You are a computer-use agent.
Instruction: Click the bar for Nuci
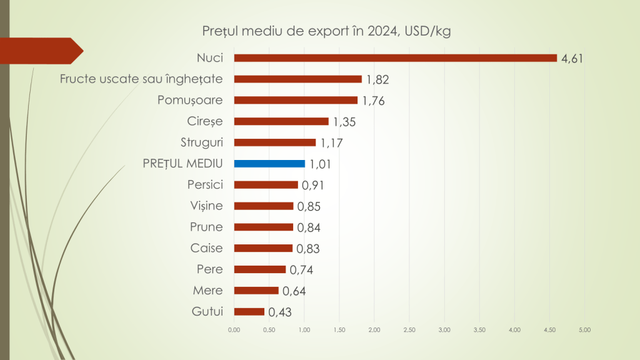click(395, 58)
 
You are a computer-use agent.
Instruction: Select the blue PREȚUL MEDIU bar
click(269, 164)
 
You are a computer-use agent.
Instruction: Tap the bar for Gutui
click(249, 312)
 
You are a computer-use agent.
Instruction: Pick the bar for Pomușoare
click(296, 100)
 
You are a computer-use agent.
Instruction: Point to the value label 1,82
click(377, 80)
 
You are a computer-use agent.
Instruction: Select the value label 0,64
click(294, 291)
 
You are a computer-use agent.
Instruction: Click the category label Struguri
click(205, 142)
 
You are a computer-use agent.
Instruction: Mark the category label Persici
click(205, 184)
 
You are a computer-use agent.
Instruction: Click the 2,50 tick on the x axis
click(409, 329)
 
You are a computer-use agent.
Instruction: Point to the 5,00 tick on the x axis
click(585, 329)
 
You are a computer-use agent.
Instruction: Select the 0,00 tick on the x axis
click(234, 329)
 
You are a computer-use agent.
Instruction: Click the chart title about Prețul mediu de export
click(326, 31)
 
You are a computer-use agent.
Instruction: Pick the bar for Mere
click(256, 291)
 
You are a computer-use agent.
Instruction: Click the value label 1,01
click(319, 165)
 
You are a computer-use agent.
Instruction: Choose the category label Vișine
click(206, 206)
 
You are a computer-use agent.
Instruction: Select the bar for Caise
click(263, 248)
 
